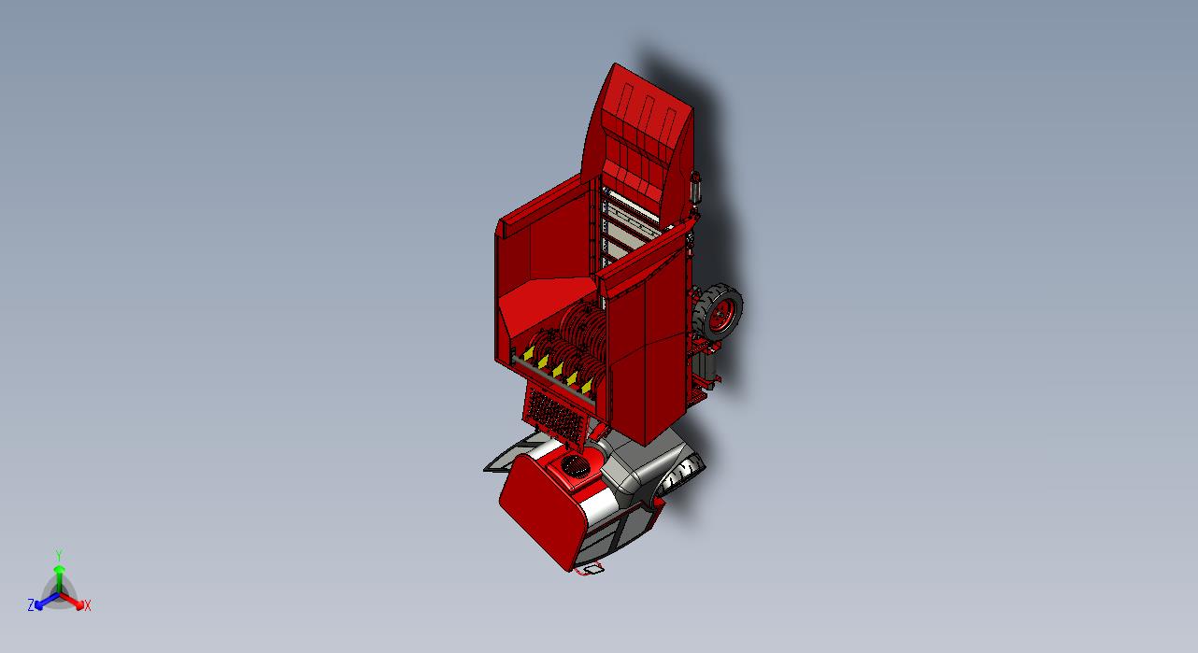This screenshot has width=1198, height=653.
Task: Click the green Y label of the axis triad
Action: click(59, 555)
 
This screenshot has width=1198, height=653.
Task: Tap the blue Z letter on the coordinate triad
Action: click(31, 604)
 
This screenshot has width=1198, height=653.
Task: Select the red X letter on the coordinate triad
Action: click(88, 605)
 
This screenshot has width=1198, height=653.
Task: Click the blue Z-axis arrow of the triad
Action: click(47, 601)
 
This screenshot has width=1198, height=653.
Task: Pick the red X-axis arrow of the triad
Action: click(72, 600)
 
